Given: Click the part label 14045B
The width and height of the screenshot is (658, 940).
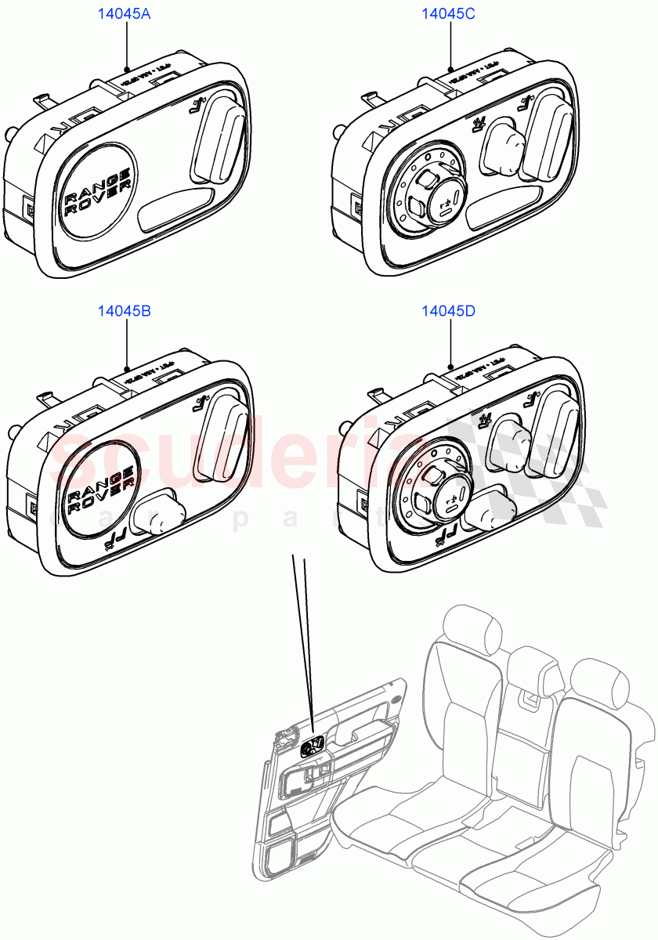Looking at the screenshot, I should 124,311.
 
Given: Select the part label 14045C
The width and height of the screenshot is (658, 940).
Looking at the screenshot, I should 449,13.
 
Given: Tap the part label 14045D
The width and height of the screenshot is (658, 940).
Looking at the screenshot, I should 449,311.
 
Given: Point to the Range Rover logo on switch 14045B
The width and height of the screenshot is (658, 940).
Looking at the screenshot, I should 99,491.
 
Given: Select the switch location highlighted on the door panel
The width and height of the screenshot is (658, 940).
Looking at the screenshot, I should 313,747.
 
